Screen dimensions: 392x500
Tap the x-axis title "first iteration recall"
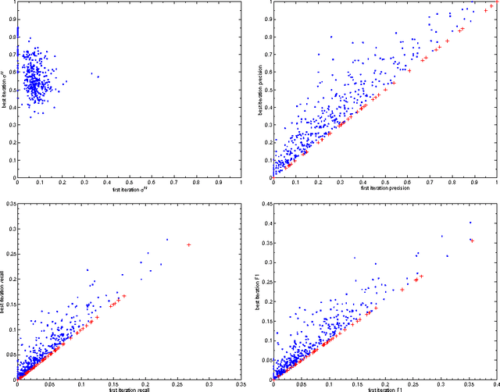tap(129, 388)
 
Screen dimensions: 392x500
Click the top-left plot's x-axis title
tap(129, 189)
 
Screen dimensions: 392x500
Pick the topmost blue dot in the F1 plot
tap(470, 223)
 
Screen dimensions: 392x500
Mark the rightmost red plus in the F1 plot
tap(472, 241)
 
